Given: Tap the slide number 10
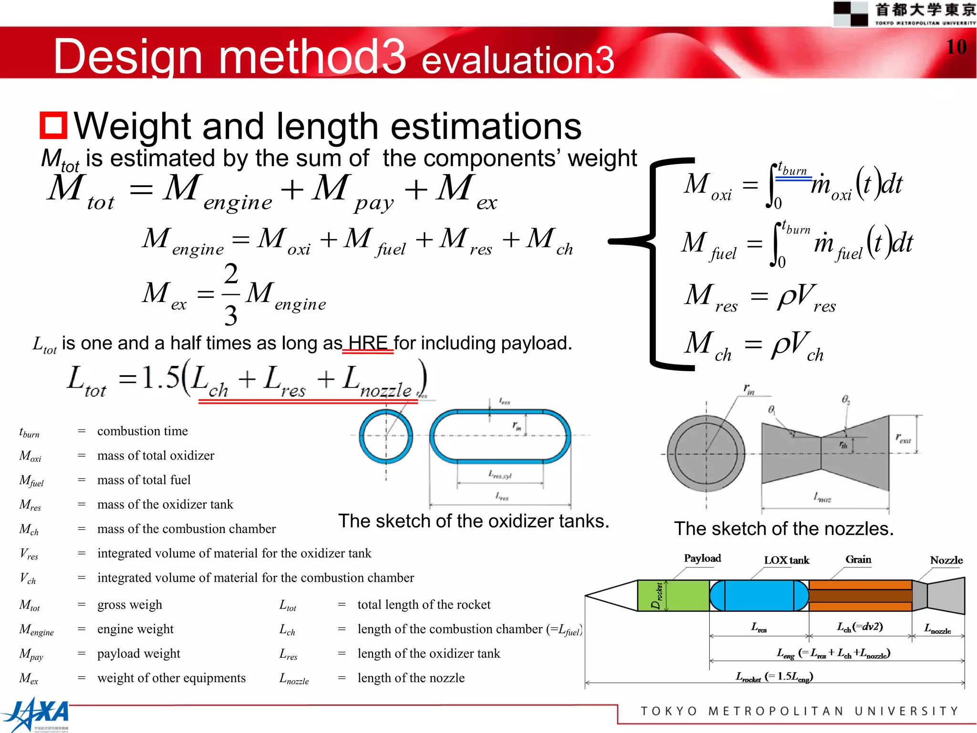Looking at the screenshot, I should click(956, 47).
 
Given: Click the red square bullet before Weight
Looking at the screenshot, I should click(53, 125).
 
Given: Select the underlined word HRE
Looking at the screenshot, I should click(368, 343).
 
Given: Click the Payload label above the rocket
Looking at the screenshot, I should click(702, 558).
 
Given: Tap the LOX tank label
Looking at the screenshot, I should click(786, 560).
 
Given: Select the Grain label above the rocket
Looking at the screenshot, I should click(858, 559).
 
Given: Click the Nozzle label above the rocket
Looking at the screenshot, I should click(946, 560).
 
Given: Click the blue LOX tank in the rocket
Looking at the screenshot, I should click(759, 596).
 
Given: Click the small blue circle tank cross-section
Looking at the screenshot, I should click(386, 436).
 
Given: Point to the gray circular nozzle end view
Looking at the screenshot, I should click(706, 454).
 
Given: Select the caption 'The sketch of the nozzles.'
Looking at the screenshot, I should click(783, 529).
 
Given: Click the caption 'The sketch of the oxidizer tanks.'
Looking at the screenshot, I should click(473, 521).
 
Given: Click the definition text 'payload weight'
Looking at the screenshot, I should click(139, 653).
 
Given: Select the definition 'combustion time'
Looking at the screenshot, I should click(143, 431).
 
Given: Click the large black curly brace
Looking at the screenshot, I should click(654, 262).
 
